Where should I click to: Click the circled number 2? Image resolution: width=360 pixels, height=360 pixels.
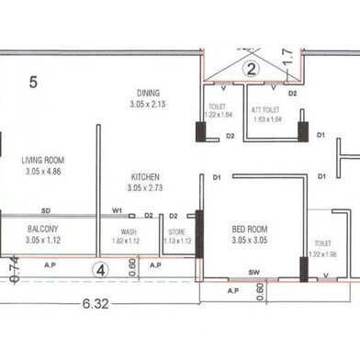coord(249,67)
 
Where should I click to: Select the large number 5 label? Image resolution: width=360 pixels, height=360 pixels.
coord(33,82)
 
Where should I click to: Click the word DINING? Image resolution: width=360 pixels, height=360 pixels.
coord(147,93)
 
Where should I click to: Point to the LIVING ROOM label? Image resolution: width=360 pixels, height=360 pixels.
coord(44,161)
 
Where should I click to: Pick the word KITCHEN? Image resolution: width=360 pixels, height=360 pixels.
coord(146,175)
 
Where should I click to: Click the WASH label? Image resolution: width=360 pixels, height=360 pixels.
coord(129,231)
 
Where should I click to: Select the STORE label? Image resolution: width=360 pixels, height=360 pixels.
coord(176,231)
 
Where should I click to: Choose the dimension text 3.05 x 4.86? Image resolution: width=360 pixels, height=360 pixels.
coord(44,171)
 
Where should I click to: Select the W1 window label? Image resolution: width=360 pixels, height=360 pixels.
coord(118,210)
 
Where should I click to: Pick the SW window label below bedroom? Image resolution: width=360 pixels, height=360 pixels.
coord(253,273)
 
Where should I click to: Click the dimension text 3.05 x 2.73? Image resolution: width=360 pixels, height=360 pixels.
coord(146,186)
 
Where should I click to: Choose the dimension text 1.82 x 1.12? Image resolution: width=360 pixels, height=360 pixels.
coord(129,241)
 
